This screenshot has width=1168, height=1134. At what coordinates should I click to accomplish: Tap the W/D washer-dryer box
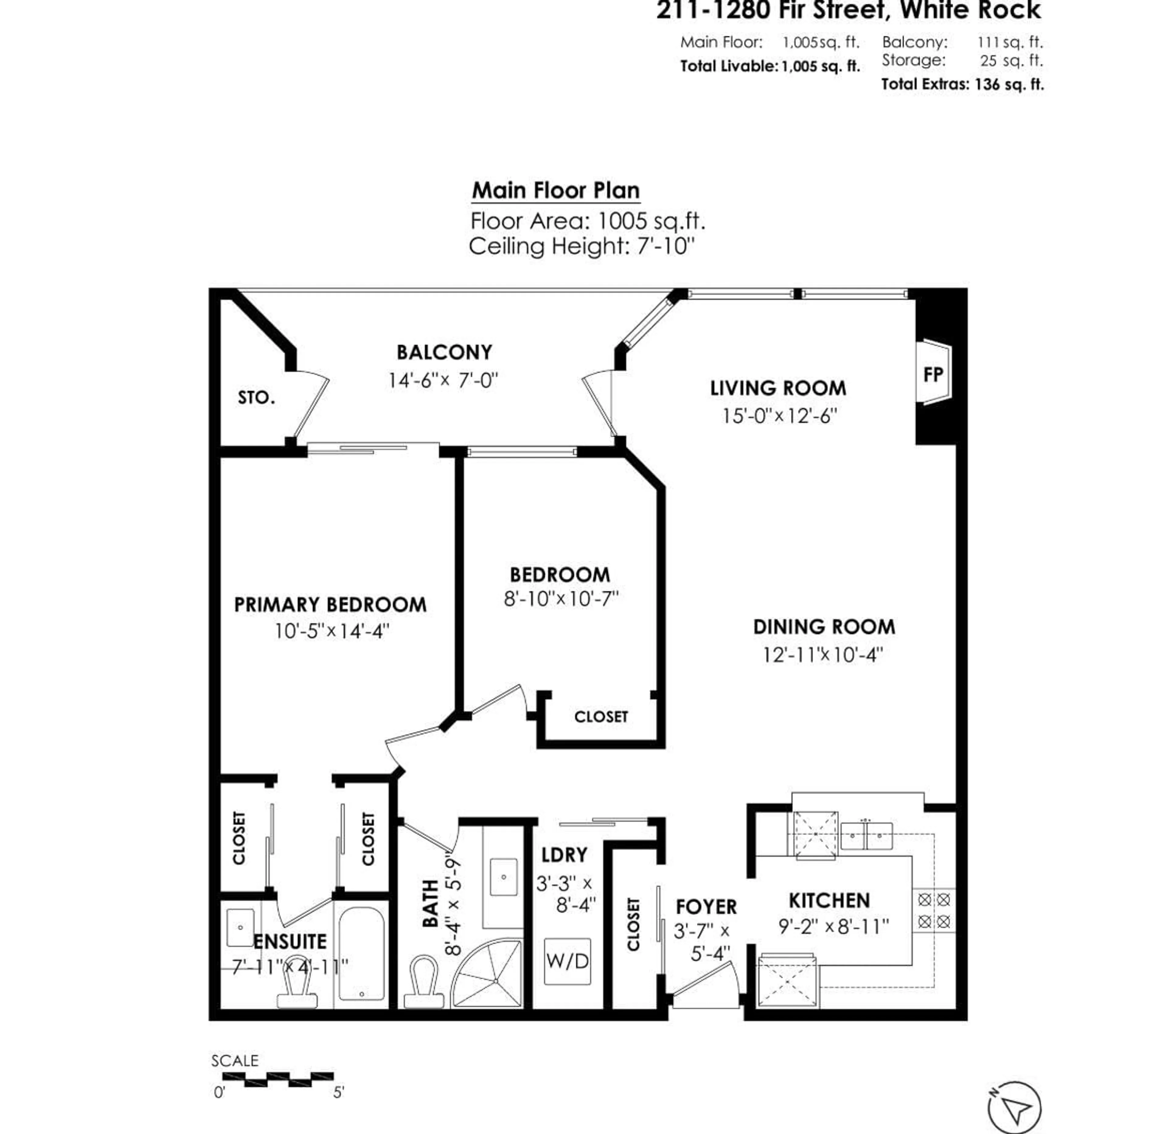tap(567, 961)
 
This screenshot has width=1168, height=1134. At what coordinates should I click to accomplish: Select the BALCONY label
tap(445, 352)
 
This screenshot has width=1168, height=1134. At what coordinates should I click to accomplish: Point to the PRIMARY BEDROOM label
tap(330, 605)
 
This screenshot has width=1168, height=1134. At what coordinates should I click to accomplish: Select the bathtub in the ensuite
tap(361, 953)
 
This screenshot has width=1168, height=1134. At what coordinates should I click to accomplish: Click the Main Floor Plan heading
tap(555, 191)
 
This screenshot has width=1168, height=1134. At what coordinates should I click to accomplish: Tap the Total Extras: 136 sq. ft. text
tap(962, 84)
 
